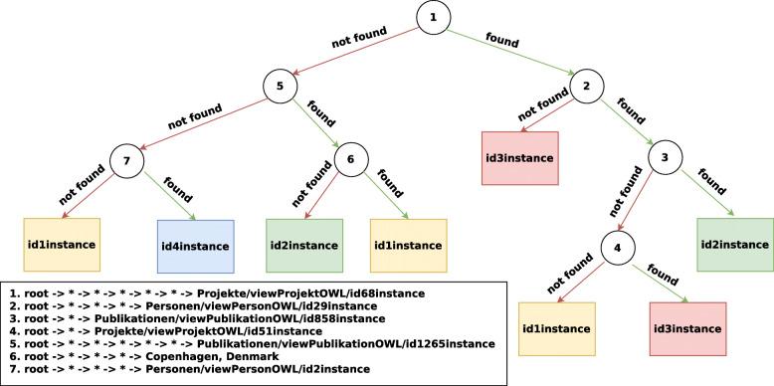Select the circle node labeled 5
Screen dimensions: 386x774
[281, 87]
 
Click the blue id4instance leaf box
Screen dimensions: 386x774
[194, 246]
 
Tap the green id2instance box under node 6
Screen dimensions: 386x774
[304, 246]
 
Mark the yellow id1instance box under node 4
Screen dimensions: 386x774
[556, 329]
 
